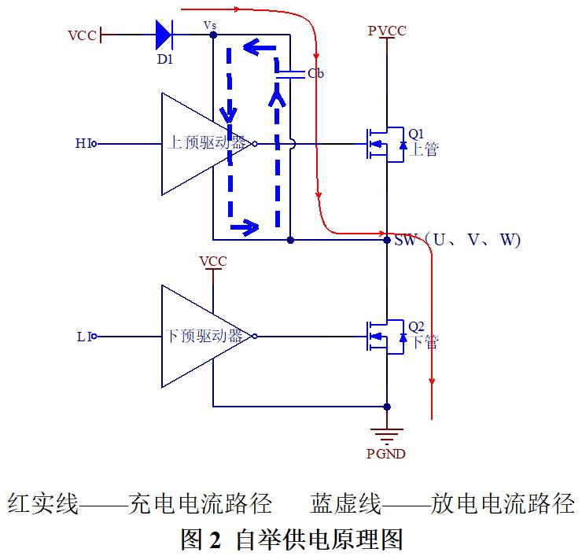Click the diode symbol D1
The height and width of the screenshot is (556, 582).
pyautogui.click(x=164, y=35)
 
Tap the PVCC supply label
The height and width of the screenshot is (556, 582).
pyautogui.click(x=387, y=31)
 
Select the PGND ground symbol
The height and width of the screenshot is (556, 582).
pyautogui.click(x=387, y=436)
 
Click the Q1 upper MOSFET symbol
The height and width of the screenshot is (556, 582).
pyautogui.click(x=385, y=144)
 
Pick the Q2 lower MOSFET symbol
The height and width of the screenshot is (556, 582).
pyautogui.click(x=385, y=337)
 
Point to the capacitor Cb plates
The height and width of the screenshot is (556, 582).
pyautogui.click(x=290, y=75)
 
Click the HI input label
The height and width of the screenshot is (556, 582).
pyautogui.click(x=83, y=143)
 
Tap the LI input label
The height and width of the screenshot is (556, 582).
pyautogui.click(x=84, y=337)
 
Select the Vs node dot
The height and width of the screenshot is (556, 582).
pyautogui.click(x=213, y=35)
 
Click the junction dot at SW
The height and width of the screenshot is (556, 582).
pyautogui.click(x=387, y=240)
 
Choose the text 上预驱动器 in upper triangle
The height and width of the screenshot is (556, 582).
pyautogui.click(x=206, y=142)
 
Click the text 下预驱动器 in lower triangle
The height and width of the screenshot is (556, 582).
pyautogui.click(x=204, y=336)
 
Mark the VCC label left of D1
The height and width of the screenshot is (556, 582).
pyautogui.click(x=82, y=35)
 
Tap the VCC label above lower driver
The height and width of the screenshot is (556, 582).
pyautogui.click(x=212, y=261)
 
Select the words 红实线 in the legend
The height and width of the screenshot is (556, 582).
pyautogui.click(x=43, y=503)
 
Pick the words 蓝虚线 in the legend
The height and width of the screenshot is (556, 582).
pyautogui.click(x=345, y=503)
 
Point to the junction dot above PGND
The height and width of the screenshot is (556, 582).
pyautogui.click(x=387, y=407)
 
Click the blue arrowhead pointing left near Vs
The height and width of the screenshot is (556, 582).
pyautogui.click(x=252, y=47)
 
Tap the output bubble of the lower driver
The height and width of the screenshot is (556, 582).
pyautogui.click(x=255, y=337)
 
